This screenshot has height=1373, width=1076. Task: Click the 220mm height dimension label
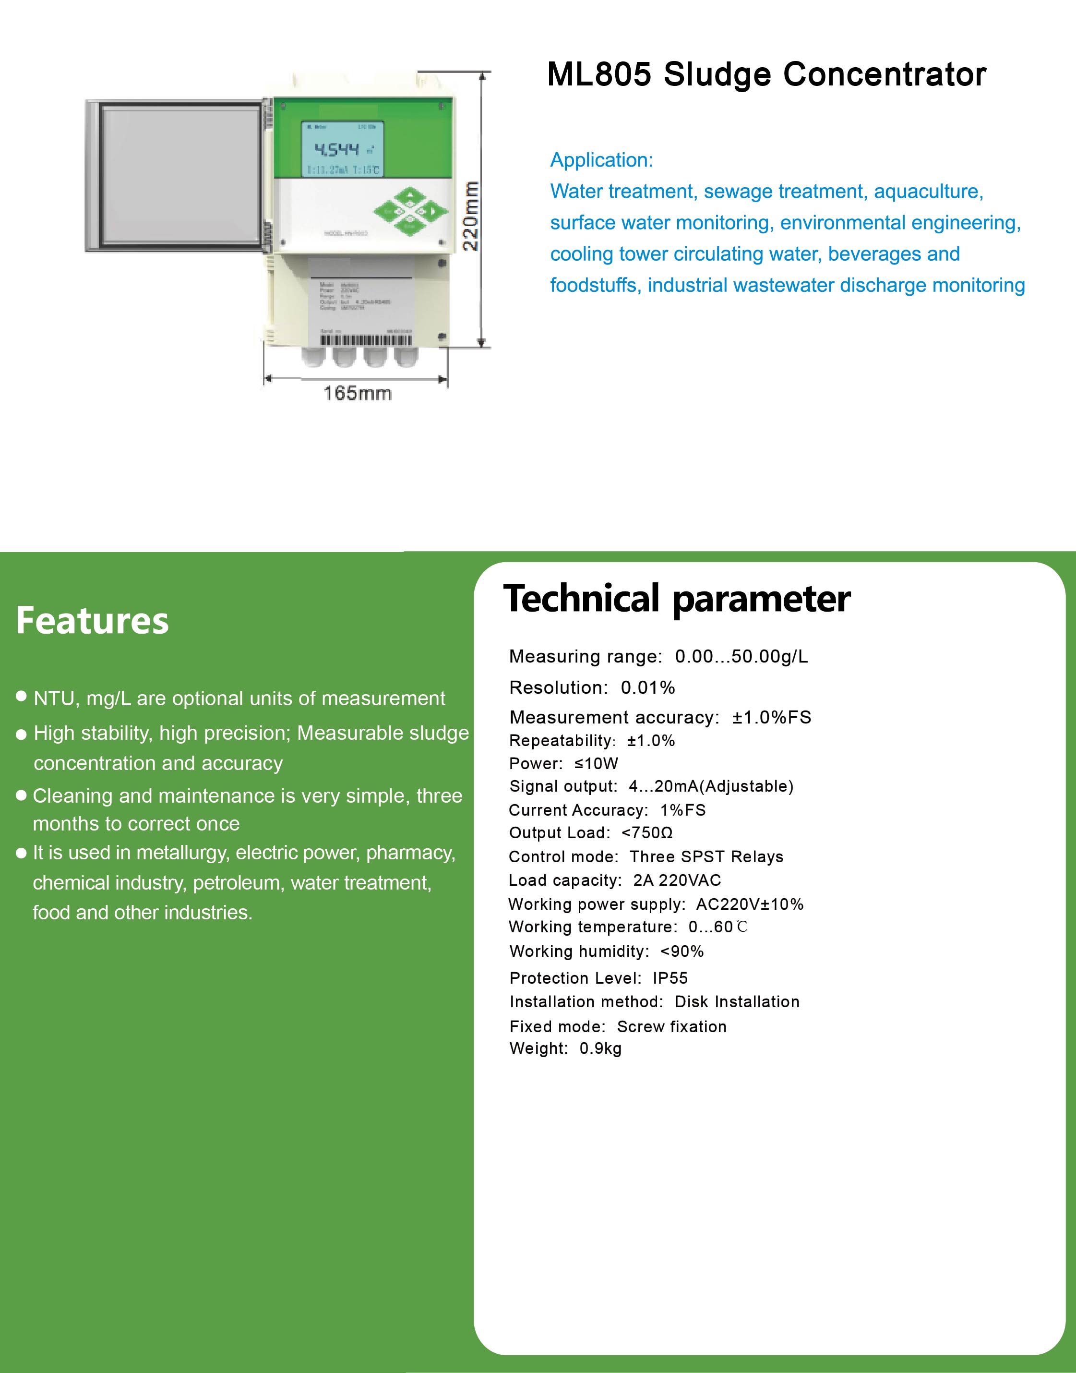(x=471, y=216)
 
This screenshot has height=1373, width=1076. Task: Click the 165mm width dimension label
(x=357, y=393)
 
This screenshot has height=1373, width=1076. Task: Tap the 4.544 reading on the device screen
(x=336, y=149)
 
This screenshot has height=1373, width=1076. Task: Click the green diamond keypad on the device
(x=410, y=212)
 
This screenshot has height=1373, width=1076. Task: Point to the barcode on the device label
(x=366, y=341)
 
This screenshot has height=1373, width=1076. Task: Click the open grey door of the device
(x=175, y=175)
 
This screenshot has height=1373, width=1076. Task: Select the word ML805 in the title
(x=598, y=74)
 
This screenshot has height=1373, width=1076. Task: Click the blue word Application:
(x=602, y=160)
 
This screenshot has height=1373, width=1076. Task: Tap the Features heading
(x=93, y=620)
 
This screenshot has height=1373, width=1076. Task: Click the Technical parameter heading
(x=677, y=599)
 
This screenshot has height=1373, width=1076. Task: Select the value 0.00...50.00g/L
(x=741, y=657)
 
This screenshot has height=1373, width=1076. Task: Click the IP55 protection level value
(x=670, y=978)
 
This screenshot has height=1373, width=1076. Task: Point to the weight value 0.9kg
(x=600, y=1048)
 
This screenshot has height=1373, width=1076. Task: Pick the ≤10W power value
(x=596, y=764)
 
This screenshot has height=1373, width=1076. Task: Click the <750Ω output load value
(x=647, y=833)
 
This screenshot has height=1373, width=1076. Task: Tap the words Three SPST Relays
(x=706, y=857)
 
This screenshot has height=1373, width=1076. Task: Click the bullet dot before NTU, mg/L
(x=22, y=696)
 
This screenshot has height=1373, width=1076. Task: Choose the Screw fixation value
(x=671, y=1026)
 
